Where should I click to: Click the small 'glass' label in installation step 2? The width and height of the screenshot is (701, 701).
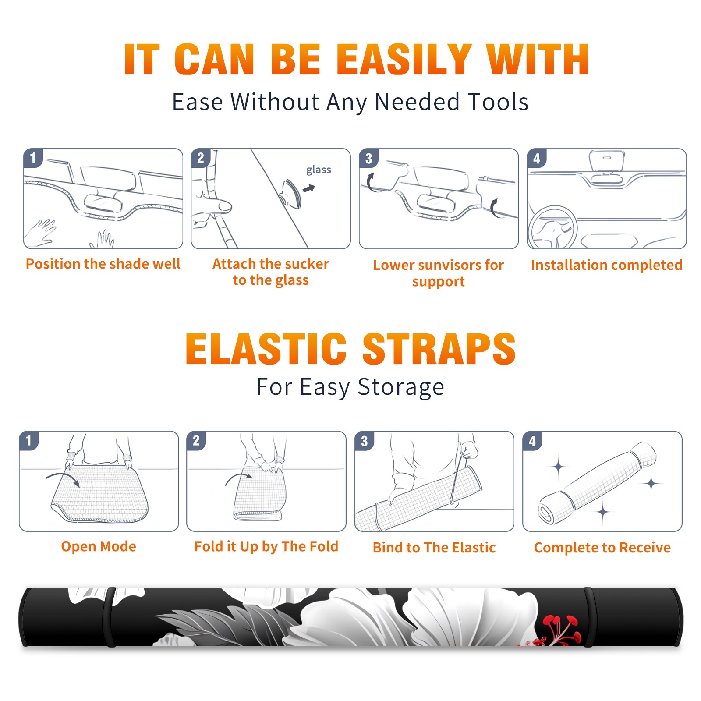(x=319, y=170)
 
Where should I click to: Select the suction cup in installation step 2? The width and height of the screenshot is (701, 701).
(x=290, y=193)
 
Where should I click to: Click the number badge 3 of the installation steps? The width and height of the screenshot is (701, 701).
(x=368, y=158)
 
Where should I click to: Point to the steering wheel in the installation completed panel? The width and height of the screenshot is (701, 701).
(x=552, y=227)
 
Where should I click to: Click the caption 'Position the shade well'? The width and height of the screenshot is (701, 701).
(x=103, y=264)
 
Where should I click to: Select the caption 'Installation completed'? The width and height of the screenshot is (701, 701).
(x=606, y=265)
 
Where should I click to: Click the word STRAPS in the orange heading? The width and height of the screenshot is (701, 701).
(x=439, y=349)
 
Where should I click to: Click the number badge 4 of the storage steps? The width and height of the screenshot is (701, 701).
(x=532, y=441)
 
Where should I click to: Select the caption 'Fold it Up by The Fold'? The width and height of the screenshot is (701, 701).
(x=266, y=546)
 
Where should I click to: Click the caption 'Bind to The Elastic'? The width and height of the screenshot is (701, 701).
(x=434, y=548)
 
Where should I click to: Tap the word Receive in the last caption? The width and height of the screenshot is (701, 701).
(x=645, y=548)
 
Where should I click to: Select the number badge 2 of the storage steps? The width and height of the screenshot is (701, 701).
(x=196, y=441)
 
